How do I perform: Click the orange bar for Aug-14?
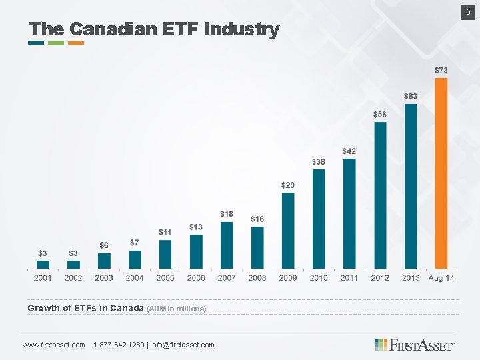[x=441, y=173]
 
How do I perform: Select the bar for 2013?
[x=411, y=186]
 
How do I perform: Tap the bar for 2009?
[x=288, y=231]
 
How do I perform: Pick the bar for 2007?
[x=227, y=245]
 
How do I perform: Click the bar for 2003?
[x=104, y=261]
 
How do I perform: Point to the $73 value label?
[x=441, y=70]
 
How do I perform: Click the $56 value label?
[x=379, y=114]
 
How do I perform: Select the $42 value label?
[x=349, y=151]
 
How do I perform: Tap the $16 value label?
[x=257, y=219]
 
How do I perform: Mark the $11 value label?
[x=165, y=232]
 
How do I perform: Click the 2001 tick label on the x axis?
[x=43, y=277]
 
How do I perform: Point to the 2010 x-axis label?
[x=319, y=277]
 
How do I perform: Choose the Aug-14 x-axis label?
[x=441, y=277]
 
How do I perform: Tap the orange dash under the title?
[x=76, y=43]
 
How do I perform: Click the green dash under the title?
[x=56, y=43]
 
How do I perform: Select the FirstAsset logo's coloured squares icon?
[x=380, y=345]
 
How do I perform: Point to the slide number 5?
[x=468, y=12]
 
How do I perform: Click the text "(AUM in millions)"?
[x=177, y=309]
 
